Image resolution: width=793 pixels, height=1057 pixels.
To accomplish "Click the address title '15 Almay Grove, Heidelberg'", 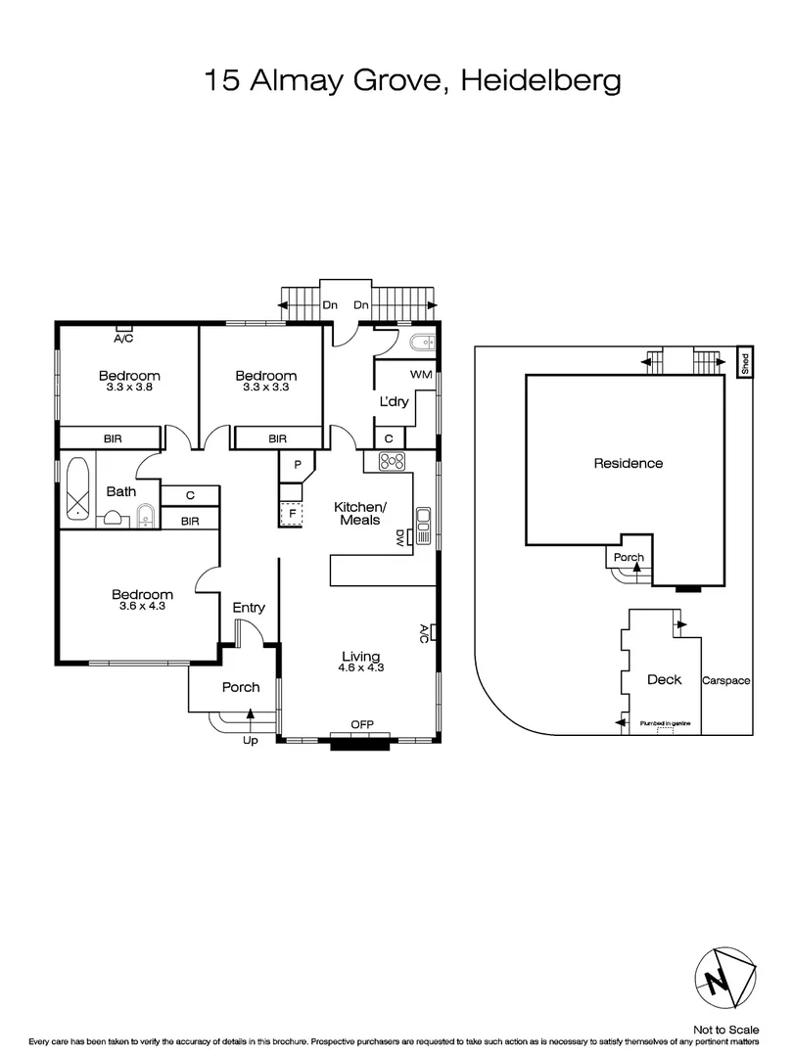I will click(412, 79).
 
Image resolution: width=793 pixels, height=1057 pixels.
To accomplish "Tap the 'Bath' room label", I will click(121, 491).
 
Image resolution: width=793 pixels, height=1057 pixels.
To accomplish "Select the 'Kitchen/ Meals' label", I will click(361, 513).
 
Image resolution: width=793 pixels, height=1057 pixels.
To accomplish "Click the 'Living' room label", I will click(360, 656).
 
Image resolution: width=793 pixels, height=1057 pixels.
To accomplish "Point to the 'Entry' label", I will click(249, 608).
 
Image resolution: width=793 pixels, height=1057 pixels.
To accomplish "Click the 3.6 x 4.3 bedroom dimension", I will click(142, 607).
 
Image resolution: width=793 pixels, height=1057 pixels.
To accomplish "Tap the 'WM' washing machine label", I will click(422, 375).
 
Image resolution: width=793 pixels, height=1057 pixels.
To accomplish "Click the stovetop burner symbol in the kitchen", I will click(393, 462).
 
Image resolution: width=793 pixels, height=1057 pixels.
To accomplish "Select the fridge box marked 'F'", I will click(292, 513).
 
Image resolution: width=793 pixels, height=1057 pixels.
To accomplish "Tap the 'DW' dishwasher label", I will click(400, 537).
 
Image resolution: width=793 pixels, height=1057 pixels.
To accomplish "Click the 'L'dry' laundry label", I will click(394, 402).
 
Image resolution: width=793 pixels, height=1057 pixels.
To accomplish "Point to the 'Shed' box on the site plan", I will click(744, 364).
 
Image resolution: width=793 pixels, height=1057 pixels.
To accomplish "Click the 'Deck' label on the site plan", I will click(665, 679).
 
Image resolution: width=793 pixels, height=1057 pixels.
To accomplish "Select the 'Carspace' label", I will click(726, 680).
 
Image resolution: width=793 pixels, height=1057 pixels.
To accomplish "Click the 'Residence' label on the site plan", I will click(629, 463).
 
